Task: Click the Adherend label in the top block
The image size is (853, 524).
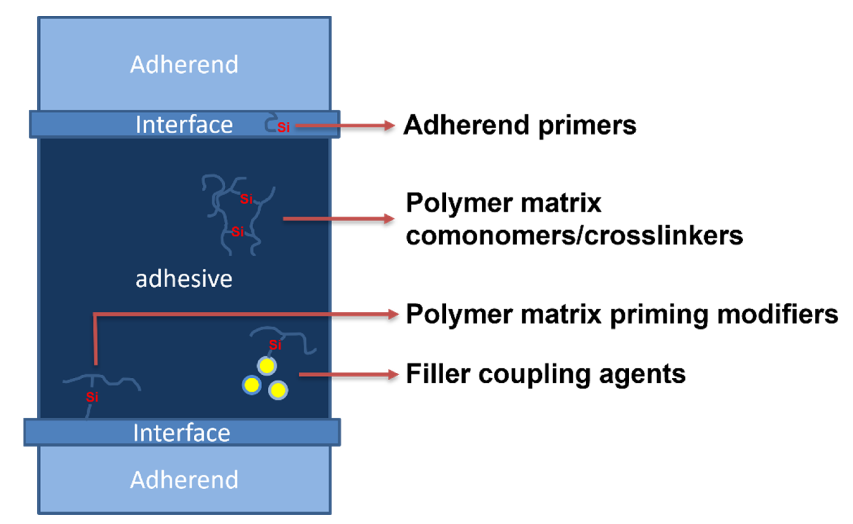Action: (184, 65)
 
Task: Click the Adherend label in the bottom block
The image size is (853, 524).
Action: (184, 480)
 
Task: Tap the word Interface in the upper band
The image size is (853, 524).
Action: (184, 125)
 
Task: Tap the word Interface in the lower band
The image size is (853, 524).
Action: (182, 433)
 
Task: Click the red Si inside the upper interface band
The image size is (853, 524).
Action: (284, 127)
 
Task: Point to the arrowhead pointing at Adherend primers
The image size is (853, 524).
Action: (389, 125)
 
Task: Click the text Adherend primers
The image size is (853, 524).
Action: (520, 125)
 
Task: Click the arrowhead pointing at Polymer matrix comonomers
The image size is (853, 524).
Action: (389, 219)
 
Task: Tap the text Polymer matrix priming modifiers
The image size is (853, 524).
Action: (622, 314)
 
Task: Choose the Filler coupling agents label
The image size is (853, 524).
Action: (546, 374)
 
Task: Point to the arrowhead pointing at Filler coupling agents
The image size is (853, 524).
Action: (393, 374)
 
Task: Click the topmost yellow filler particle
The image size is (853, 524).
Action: (267, 366)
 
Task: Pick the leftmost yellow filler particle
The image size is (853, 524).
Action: (252, 385)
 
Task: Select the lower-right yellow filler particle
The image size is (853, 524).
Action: (278, 390)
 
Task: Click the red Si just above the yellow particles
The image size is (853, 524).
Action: (275, 345)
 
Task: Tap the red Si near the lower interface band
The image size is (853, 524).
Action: (92, 397)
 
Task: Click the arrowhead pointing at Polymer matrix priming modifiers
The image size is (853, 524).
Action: (393, 314)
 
